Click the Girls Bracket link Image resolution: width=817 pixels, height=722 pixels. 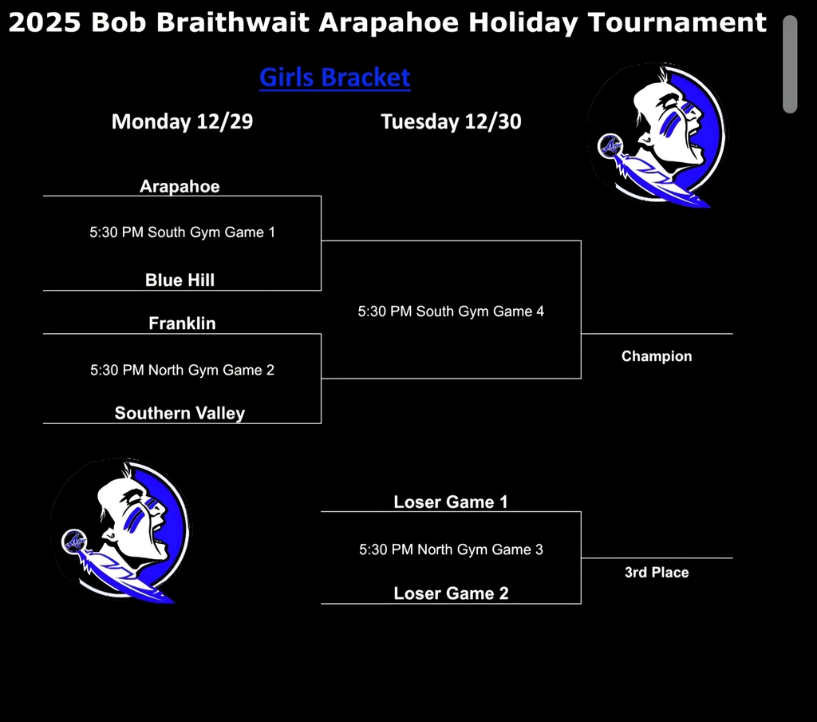click(334, 77)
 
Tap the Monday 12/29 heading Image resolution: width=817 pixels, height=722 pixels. click(182, 121)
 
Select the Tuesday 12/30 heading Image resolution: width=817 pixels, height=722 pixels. click(451, 121)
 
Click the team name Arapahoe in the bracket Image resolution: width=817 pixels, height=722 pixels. click(180, 186)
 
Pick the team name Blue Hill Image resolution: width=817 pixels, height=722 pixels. click(180, 280)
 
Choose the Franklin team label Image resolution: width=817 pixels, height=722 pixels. click(182, 323)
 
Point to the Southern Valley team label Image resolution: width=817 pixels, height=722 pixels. click(180, 413)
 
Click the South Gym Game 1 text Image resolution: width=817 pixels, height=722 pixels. click(182, 232)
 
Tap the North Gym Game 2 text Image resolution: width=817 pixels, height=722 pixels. click(182, 370)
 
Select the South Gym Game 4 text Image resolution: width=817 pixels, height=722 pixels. click(451, 311)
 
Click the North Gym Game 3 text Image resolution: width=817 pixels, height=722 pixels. click(451, 549)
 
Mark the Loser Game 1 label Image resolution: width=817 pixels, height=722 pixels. click(451, 502)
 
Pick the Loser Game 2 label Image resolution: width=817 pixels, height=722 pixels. click(451, 593)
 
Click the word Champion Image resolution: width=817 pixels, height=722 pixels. click(657, 356)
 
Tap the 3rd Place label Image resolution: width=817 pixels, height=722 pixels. click(657, 572)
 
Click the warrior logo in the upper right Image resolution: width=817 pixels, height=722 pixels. click(657, 134)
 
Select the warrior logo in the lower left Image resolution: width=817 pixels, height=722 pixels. click(120, 530)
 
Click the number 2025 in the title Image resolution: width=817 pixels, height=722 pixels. click(44, 22)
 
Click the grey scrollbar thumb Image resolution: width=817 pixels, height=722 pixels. click(790, 64)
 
